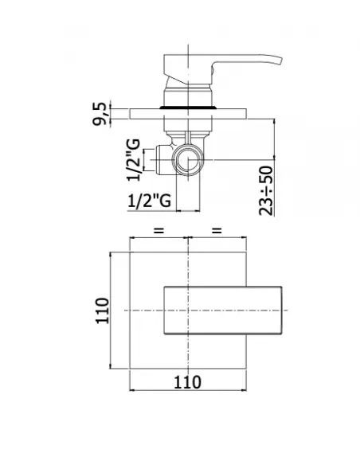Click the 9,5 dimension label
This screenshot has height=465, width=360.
click(x=100, y=114)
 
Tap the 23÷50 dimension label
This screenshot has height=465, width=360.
click(x=266, y=190)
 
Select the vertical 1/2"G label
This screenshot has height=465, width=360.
click(x=133, y=160)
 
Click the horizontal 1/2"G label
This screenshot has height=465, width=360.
click(x=150, y=201)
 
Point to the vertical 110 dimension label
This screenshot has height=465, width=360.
click(x=103, y=311)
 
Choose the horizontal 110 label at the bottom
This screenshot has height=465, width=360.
click(x=187, y=382)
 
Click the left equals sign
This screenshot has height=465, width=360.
click(x=158, y=230)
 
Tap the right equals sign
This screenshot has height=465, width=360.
click(x=217, y=230)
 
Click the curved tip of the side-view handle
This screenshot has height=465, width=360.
click(x=280, y=60)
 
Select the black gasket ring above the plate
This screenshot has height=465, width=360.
click(x=188, y=107)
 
